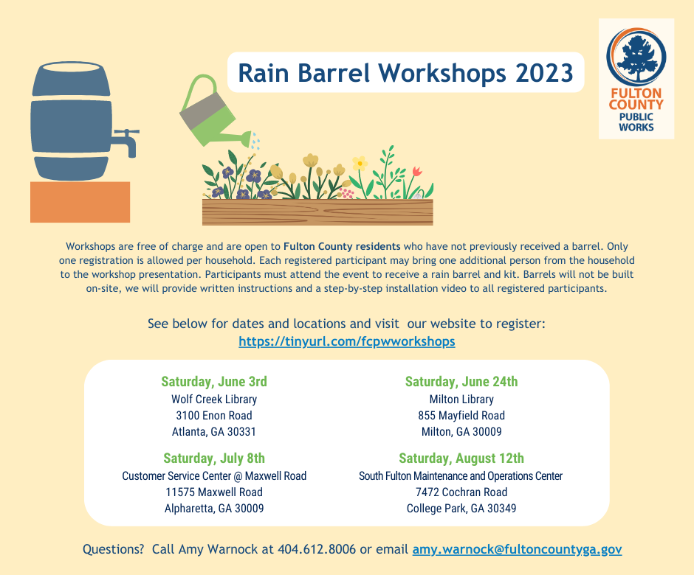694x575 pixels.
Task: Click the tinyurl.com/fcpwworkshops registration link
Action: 346,341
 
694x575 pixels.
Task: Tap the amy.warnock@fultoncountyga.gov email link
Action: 517,549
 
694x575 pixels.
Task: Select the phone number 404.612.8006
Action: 317,549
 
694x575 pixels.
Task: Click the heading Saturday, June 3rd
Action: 214,381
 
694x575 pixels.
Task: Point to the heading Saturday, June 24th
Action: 461,381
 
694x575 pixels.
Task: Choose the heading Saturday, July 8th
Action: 214,459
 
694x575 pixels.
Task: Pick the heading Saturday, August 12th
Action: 461,459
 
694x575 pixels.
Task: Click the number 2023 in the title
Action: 544,73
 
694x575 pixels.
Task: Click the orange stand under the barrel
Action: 80,202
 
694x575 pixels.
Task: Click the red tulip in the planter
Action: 416,172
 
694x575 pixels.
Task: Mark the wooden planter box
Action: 317,212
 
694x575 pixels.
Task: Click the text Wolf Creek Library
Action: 214,399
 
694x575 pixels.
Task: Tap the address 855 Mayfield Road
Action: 461,416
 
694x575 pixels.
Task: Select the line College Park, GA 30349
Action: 461,508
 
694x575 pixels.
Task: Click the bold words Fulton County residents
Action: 342,246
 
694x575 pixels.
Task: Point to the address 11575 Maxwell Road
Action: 214,492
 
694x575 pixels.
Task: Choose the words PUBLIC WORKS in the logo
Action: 636,122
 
